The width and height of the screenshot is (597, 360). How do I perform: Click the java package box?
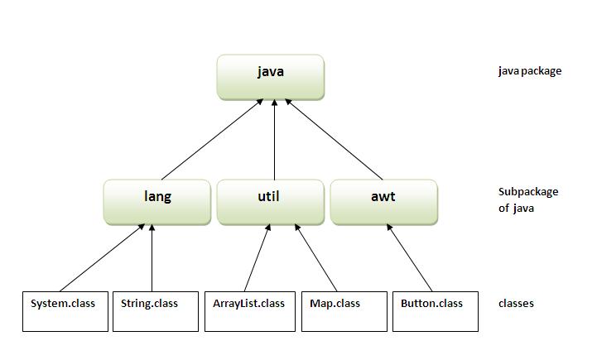tap(270, 75)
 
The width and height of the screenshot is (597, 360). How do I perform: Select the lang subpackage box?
tap(156, 201)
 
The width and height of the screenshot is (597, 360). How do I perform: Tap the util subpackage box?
tap(271, 201)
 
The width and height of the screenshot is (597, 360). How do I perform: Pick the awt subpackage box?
tap(383, 201)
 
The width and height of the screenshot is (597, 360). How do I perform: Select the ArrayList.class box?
tap(248, 310)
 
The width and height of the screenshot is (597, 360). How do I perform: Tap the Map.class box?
tap(344, 310)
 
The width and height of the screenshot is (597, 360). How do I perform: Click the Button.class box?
tap(436, 310)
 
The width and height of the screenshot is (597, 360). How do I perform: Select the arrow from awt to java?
tap(333, 138)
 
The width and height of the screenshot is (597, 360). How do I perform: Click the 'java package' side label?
tap(530, 71)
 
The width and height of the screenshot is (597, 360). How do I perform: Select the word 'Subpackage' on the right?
tap(528, 192)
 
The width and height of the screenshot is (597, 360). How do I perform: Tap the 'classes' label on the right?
tap(516, 304)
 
